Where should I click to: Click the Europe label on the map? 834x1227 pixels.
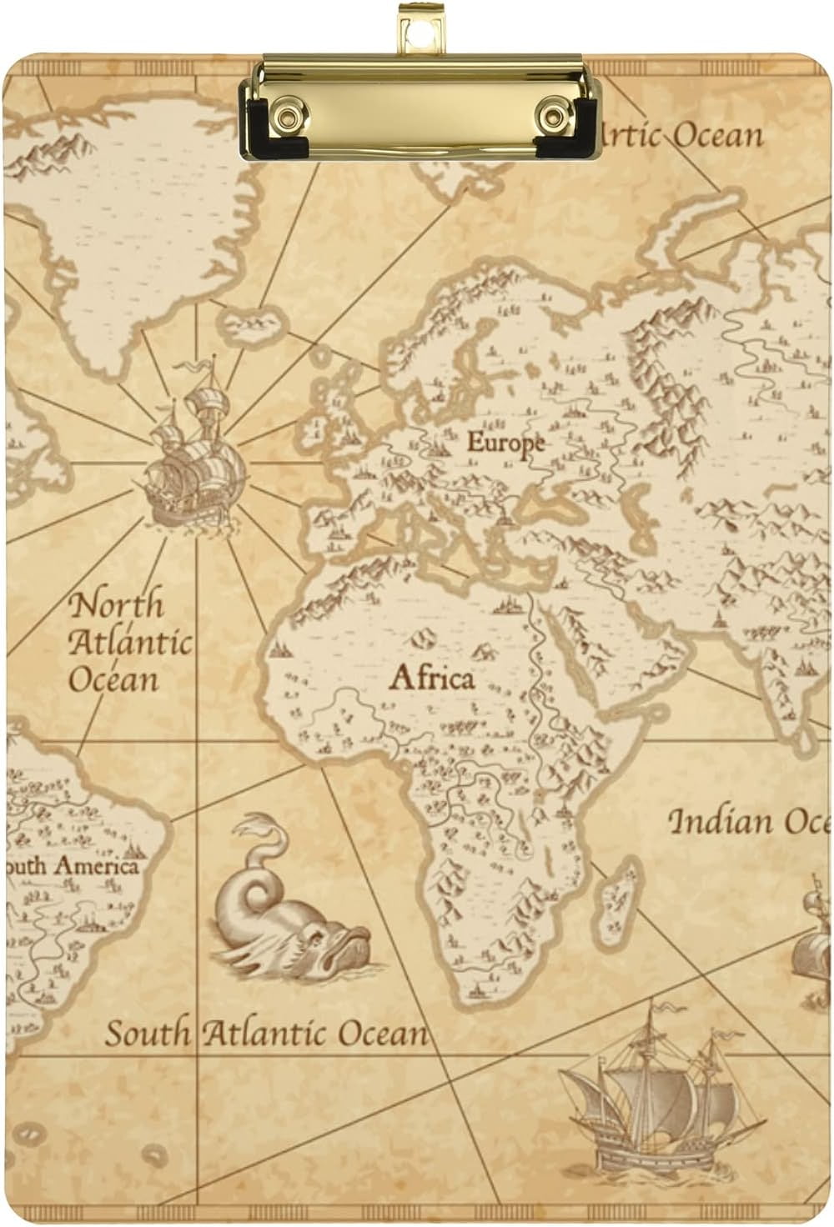click(x=505, y=443)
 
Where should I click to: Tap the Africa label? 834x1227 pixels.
click(x=431, y=678)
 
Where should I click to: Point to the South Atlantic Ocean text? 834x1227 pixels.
click(x=266, y=1034)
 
